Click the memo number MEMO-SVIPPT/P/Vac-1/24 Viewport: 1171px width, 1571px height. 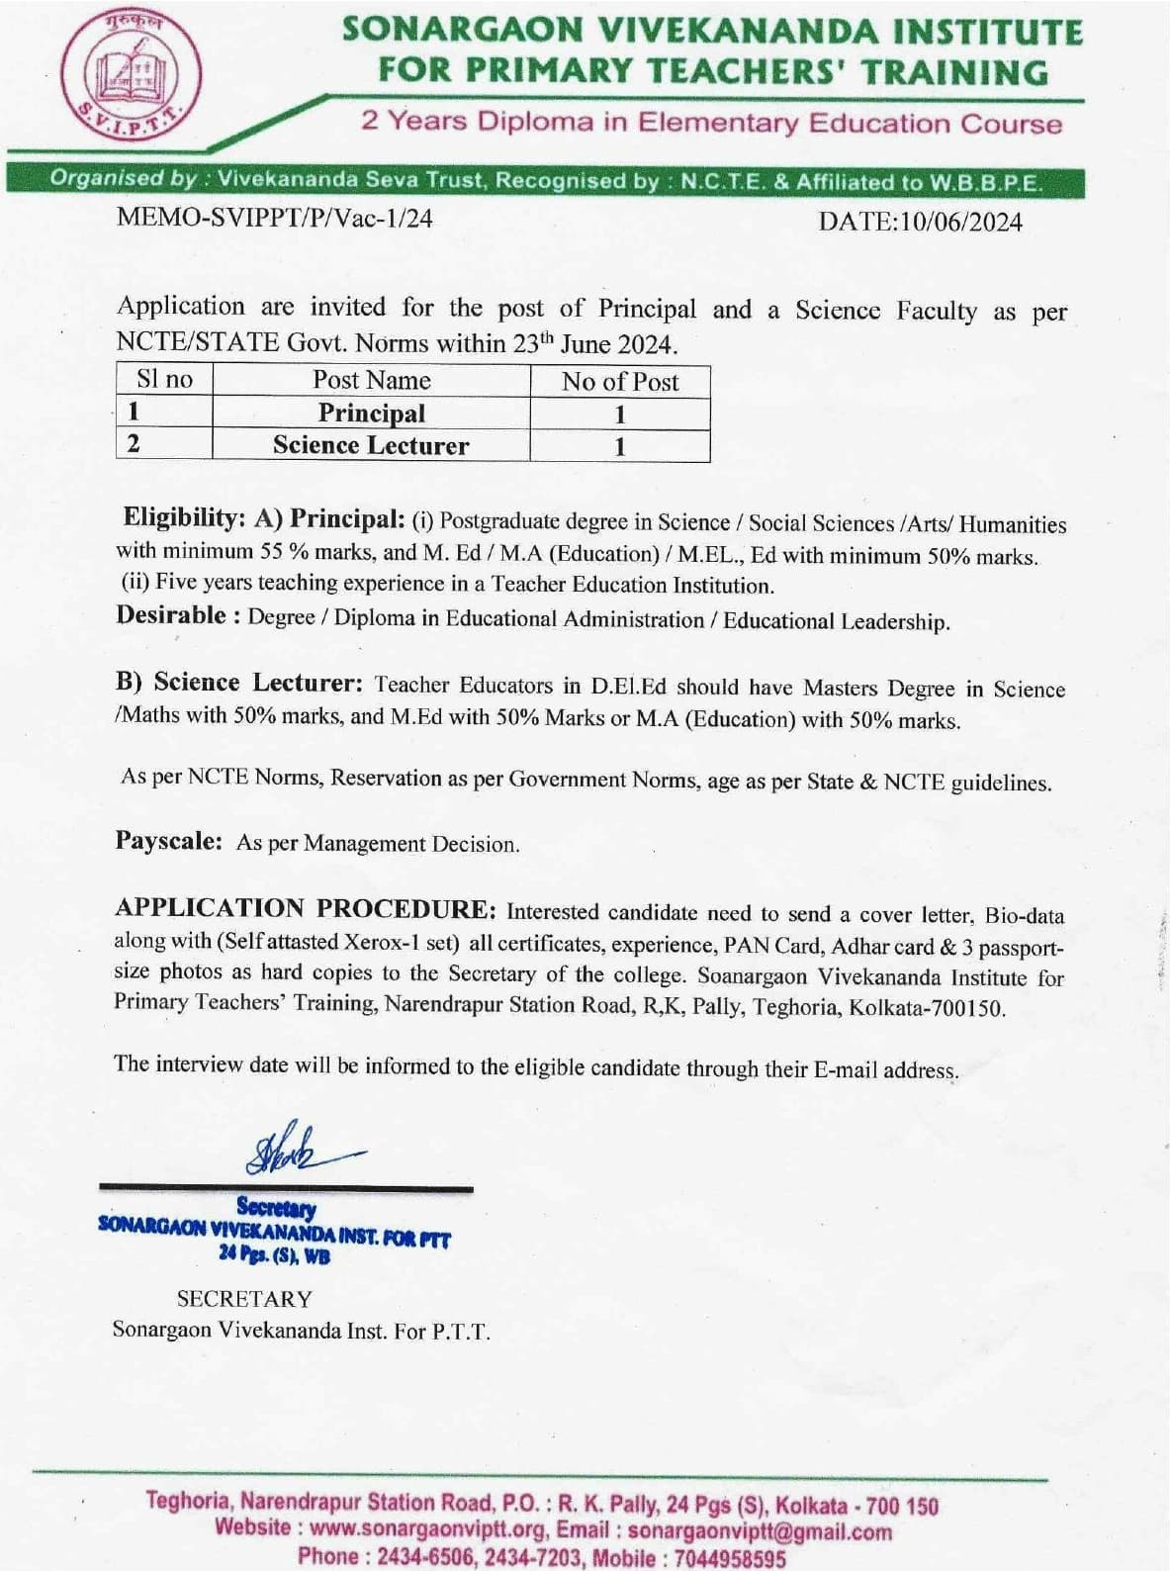pos(275,219)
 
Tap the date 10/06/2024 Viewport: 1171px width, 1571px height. pos(959,222)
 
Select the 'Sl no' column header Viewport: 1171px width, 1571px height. pos(164,380)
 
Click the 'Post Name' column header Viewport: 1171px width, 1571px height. pos(372,381)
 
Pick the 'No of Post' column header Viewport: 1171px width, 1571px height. pos(620,383)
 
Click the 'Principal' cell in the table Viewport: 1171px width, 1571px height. pos(372,414)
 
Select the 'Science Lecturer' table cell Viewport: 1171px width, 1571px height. pos(371,446)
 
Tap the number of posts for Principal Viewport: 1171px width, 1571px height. pos(620,415)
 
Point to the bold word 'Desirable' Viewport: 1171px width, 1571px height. pos(171,615)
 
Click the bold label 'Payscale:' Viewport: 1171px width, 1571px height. pos(169,842)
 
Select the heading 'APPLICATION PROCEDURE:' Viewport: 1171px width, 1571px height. pos(306,908)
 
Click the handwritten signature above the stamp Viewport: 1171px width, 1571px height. pos(297,1151)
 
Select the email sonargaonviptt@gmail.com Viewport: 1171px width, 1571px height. pos(760,1532)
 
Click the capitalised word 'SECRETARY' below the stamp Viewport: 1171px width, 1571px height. pos(244,1299)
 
